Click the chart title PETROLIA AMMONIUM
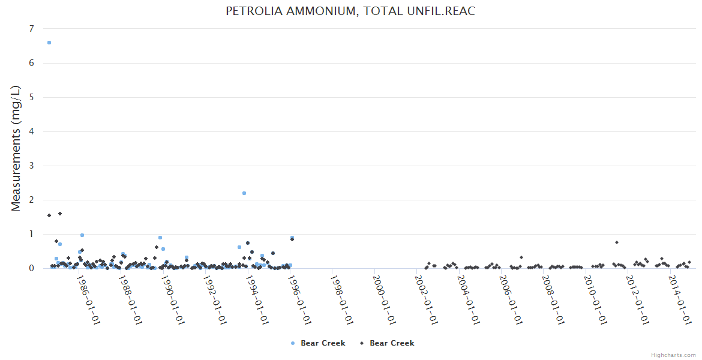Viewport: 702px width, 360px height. [x=350, y=11]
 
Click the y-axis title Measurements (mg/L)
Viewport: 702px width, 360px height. [x=16, y=148]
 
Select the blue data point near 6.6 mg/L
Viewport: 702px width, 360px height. [x=49, y=43]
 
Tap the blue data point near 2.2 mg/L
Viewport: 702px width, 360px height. [x=244, y=193]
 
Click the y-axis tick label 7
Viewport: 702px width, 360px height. [x=32, y=29]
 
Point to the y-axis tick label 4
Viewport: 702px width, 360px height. [x=32, y=131]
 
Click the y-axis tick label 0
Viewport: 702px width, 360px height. [x=32, y=268]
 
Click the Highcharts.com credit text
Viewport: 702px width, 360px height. [x=673, y=355]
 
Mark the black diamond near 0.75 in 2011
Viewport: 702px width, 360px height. [x=617, y=242]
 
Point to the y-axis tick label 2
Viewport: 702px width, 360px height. [x=32, y=200]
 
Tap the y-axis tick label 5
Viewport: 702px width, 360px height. [x=32, y=97]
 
